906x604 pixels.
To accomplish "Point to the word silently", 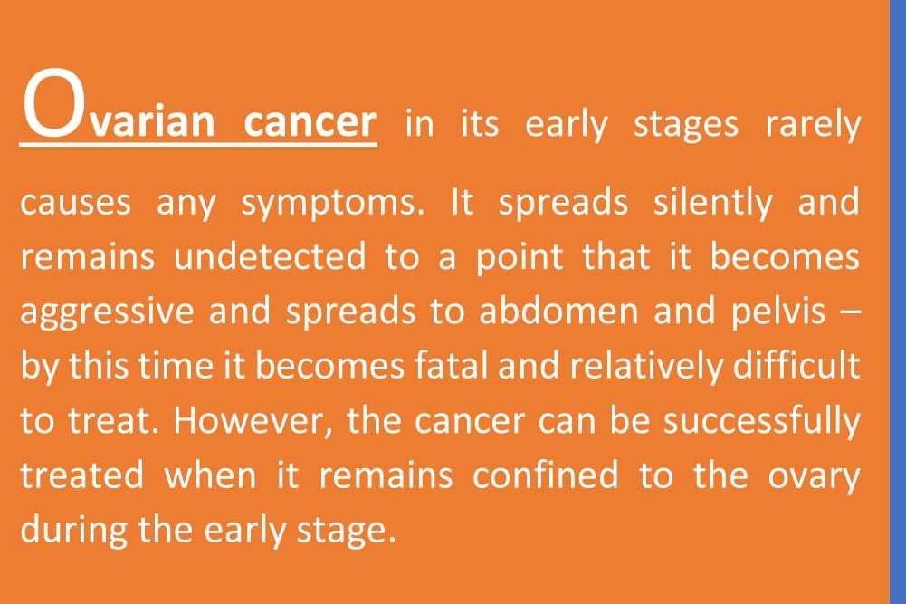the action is point(712,203).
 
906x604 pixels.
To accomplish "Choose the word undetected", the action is point(270,256).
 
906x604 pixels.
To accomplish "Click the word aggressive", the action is point(108,312).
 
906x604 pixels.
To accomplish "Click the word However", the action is point(252,422).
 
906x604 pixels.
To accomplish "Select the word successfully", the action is point(761,422).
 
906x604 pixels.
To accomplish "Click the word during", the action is point(73,531).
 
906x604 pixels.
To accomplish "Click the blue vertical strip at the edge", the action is point(898,302).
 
